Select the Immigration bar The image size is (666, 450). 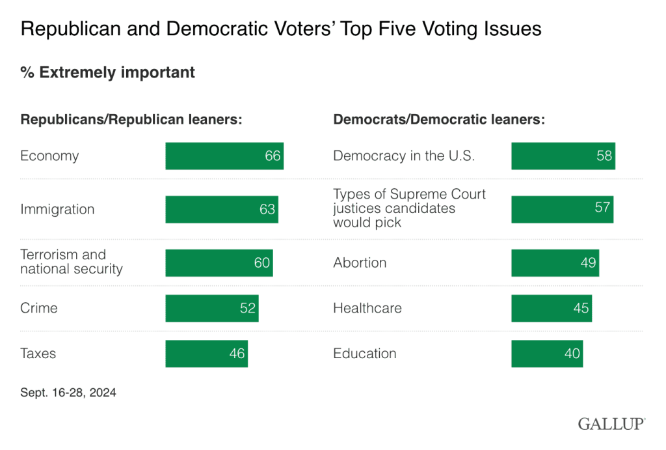tap(222, 210)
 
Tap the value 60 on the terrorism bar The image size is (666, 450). tap(262, 263)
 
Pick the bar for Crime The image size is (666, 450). tap(212, 308)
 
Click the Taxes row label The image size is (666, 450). tap(38, 354)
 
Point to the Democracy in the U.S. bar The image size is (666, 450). tap(563, 156)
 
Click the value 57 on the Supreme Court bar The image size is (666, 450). tap(602, 207)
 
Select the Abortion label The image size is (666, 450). tap(360, 263)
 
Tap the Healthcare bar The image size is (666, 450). tap(552, 308)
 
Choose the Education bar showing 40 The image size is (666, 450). tap(547, 354)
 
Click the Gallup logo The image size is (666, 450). tap(611, 424)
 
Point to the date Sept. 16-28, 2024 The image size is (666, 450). tap(68, 393)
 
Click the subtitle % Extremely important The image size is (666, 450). tap(108, 72)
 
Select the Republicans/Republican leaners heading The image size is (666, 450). tap(131, 120)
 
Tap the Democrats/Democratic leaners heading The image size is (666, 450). tap(439, 120)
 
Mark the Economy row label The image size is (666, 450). tap(49, 156)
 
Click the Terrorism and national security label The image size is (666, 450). tap(72, 262)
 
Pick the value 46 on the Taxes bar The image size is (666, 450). tap(237, 354)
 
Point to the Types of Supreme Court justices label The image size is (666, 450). tap(410, 208)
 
